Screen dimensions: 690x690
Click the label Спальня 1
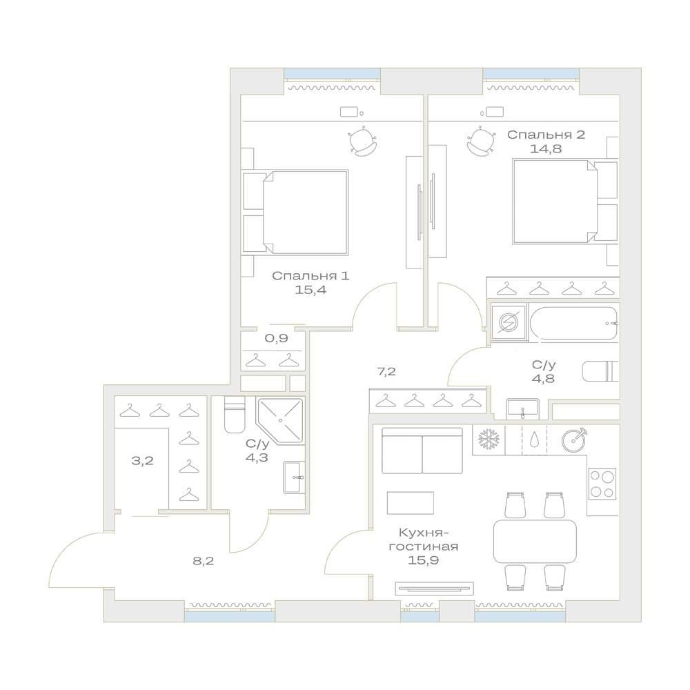point(310,276)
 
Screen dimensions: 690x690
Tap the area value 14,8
point(546,149)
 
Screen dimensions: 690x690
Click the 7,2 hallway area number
point(387,372)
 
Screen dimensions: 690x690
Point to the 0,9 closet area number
point(277,338)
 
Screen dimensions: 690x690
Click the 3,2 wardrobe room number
point(143,461)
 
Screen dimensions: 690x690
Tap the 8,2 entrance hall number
point(204,560)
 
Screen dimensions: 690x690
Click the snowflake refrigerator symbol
point(489,439)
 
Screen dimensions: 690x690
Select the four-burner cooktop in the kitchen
point(602,484)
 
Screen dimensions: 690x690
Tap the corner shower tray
point(281,421)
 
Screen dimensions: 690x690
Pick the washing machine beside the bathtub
point(509,323)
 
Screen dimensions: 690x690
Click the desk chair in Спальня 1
point(363,141)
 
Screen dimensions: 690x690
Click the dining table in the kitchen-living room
point(535,541)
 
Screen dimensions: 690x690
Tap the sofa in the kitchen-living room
point(422,450)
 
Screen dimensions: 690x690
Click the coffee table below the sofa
point(411,502)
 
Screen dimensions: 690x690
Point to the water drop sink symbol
point(534,439)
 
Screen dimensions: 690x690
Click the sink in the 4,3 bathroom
point(293,477)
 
